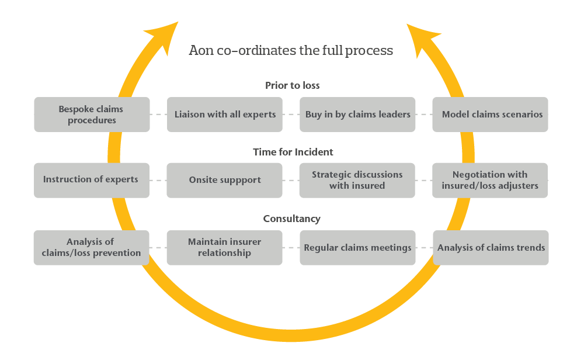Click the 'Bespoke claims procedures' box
(92, 115)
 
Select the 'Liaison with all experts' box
(225, 115)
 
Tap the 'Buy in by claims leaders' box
(357, 115)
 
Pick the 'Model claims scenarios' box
(491, 115)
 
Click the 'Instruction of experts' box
(91, 180)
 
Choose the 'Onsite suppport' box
(225, 180)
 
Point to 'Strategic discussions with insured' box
(357, 180)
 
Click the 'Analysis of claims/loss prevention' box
(91, 248)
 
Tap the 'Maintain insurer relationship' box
(225, 248)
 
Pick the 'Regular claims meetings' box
(357, 248)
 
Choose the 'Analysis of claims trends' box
(491, 248)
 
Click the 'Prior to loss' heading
(292, 85)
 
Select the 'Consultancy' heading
(292, 219)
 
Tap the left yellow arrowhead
(164, 34)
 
